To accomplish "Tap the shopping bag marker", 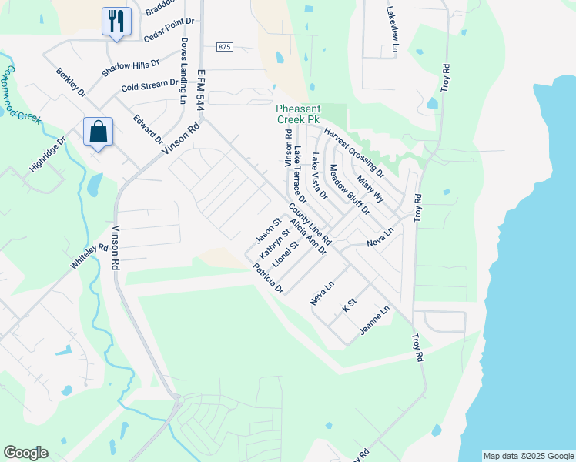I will point(98,132).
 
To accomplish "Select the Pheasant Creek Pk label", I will point(308,115).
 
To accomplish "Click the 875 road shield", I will point(223,47).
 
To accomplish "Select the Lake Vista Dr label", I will point(320,176).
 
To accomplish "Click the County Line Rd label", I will point(310,223).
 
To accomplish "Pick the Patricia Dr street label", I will point(269,279).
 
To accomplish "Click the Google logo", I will point(25,452).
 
